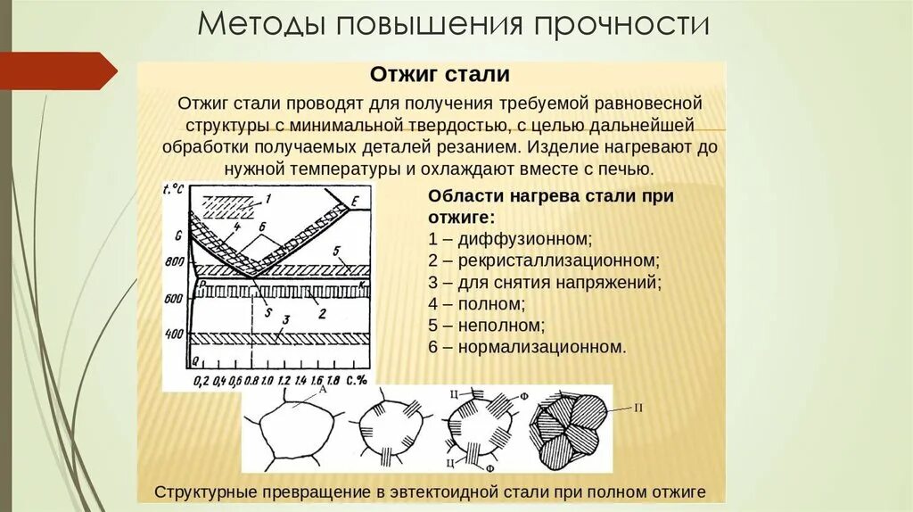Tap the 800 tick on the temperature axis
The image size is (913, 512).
[175, 260]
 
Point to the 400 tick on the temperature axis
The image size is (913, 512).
[175, 334]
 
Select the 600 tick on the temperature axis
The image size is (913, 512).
[175, 298]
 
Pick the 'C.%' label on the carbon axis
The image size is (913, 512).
[359, 381]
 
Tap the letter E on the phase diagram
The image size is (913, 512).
[354, 203]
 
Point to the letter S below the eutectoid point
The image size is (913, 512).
[267, 312]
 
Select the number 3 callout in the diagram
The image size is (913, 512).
[286, 318]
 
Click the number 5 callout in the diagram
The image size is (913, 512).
[338, 251]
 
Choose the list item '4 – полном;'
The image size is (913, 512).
[476, 304]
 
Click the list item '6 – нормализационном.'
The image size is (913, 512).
[527, 347]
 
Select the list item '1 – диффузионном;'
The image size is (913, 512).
[510, 239]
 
